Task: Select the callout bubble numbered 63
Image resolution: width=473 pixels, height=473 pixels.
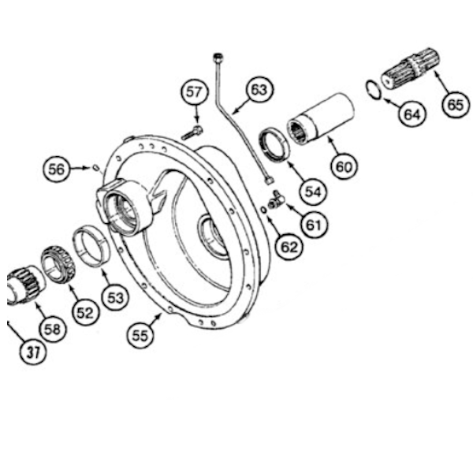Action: [258, 91]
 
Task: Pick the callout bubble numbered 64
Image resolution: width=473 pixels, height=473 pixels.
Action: [412, 114]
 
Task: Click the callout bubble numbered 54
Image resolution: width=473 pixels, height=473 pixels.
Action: [314, 191]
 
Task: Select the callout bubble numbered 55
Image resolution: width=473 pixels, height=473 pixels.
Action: [140, 335]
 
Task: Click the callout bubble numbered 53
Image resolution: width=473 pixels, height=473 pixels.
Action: [116, 297]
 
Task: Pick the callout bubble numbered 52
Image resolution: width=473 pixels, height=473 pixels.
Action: [84, 312]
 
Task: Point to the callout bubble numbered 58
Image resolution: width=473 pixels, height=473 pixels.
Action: [52, 329]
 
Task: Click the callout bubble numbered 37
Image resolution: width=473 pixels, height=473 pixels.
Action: [29, 352]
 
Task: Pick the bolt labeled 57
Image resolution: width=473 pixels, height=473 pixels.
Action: [192, 133]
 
